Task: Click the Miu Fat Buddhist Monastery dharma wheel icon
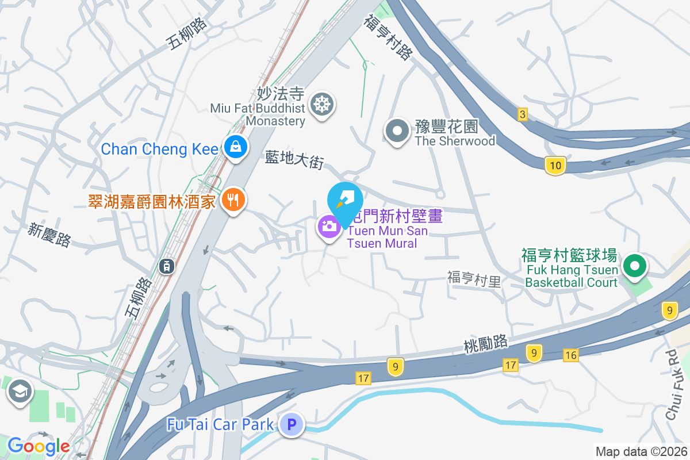pyautogui.click(x=321, y=105)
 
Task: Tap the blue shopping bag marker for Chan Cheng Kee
pyautogui.click(x=235, y=147)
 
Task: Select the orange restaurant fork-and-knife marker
pyautogui.click(x=233, y=200)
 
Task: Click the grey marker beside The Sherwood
pyautogui.click(x=397, y=131)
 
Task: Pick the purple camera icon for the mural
pyautogui.click(x=329, y=227)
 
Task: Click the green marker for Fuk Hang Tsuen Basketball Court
pyautogui.click(x=635, y=266)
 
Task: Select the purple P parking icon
pyautogui.click(x=292, y=425)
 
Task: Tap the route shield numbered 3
pyautogui.click(x=522, y=114)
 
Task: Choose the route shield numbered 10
pyautogui.click(x=555, y=166)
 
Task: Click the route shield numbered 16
pyautogui.click(x=570, y=355)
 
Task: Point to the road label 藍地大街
pyautogui.click(x=294, y=159)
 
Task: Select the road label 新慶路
pyautogui.click(x=49, y=235)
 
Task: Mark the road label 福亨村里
pyautogui.click(x=474, y=279)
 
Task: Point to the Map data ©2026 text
pyautogui.click(x=641, y=452)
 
